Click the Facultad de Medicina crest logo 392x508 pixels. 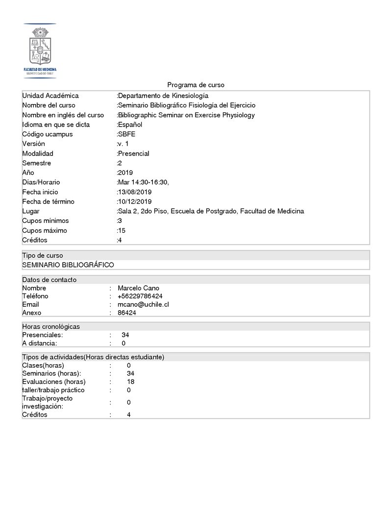click(40, 50)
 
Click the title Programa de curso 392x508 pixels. click(196, 85)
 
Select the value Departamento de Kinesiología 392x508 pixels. click(163, 96)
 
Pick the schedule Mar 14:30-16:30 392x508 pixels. click(143, 182)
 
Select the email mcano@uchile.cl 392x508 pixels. click(143, 304)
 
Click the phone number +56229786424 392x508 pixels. click(140, 296)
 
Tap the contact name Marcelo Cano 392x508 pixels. click(138, 288)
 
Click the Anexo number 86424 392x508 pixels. click(127, 313)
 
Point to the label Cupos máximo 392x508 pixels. click(45, 231)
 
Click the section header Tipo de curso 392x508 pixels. click(43, 256)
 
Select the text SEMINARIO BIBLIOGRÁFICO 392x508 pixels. click(68, 265)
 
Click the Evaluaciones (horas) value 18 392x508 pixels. click(130, 381)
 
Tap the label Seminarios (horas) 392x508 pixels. click(51, 374)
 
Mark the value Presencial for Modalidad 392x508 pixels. click(133, 154)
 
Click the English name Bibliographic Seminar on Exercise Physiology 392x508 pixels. click(186, 115)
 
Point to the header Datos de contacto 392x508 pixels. click(49, 280)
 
